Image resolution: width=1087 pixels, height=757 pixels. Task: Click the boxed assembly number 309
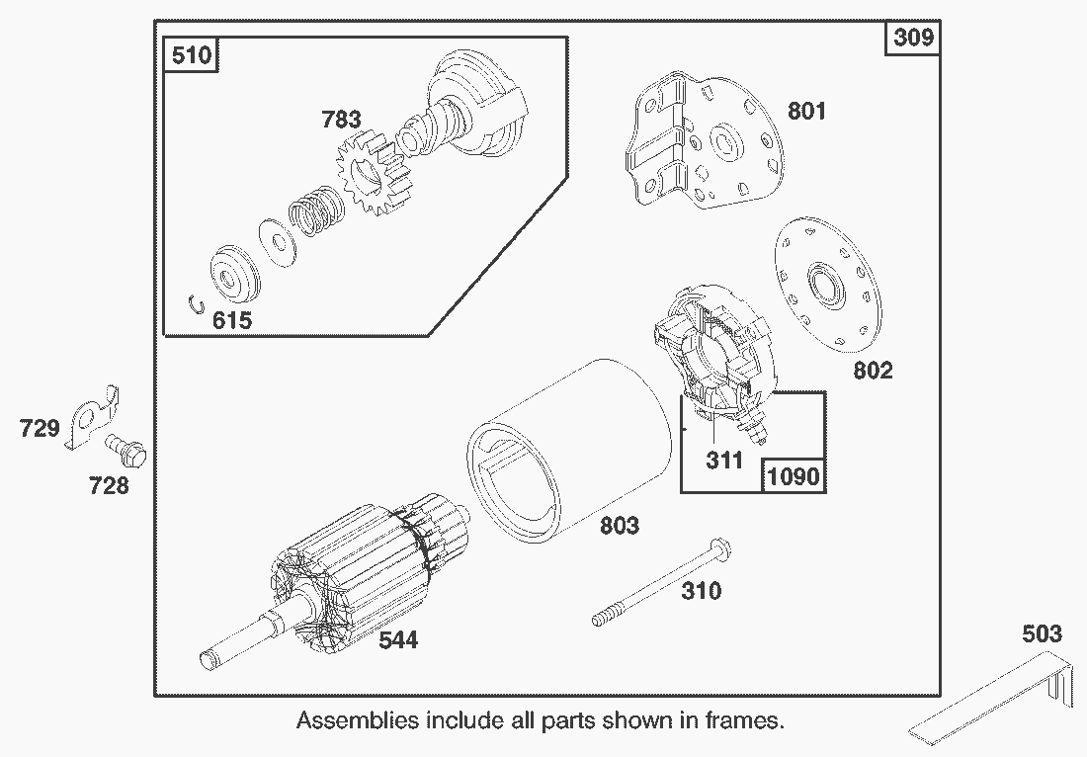913,39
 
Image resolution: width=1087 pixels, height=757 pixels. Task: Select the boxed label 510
191,54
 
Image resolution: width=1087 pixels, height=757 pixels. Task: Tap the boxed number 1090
793,475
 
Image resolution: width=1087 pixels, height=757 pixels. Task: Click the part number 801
806,111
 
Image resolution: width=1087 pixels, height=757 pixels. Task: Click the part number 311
723,461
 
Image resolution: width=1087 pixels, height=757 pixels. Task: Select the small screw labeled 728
127,450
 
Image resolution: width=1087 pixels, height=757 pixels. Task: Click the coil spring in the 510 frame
315,210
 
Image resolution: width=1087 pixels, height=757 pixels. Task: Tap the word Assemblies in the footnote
357,720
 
